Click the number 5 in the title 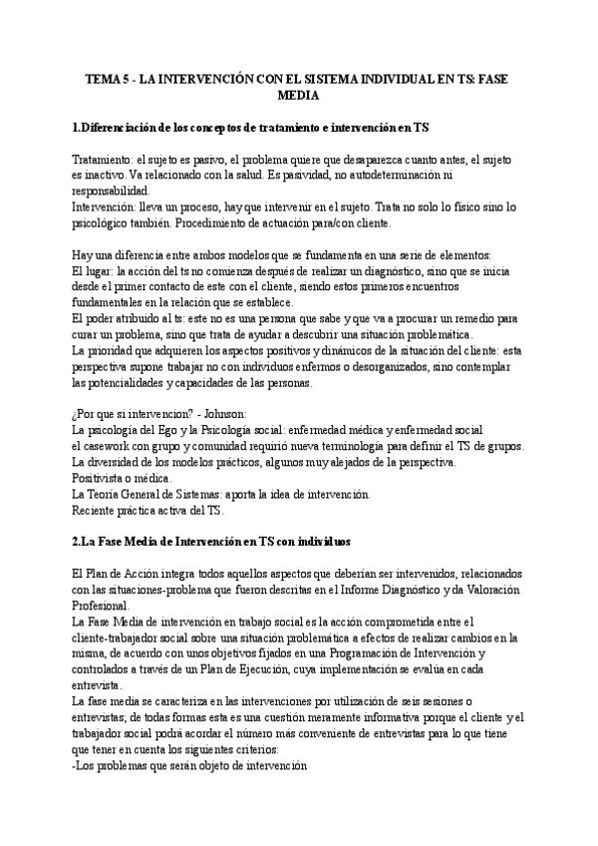(x=125, y=78)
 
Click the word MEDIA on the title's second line (x=298, y=97)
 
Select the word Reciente (x=98, y=510)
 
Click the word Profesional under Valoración (x=105, y=606)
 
